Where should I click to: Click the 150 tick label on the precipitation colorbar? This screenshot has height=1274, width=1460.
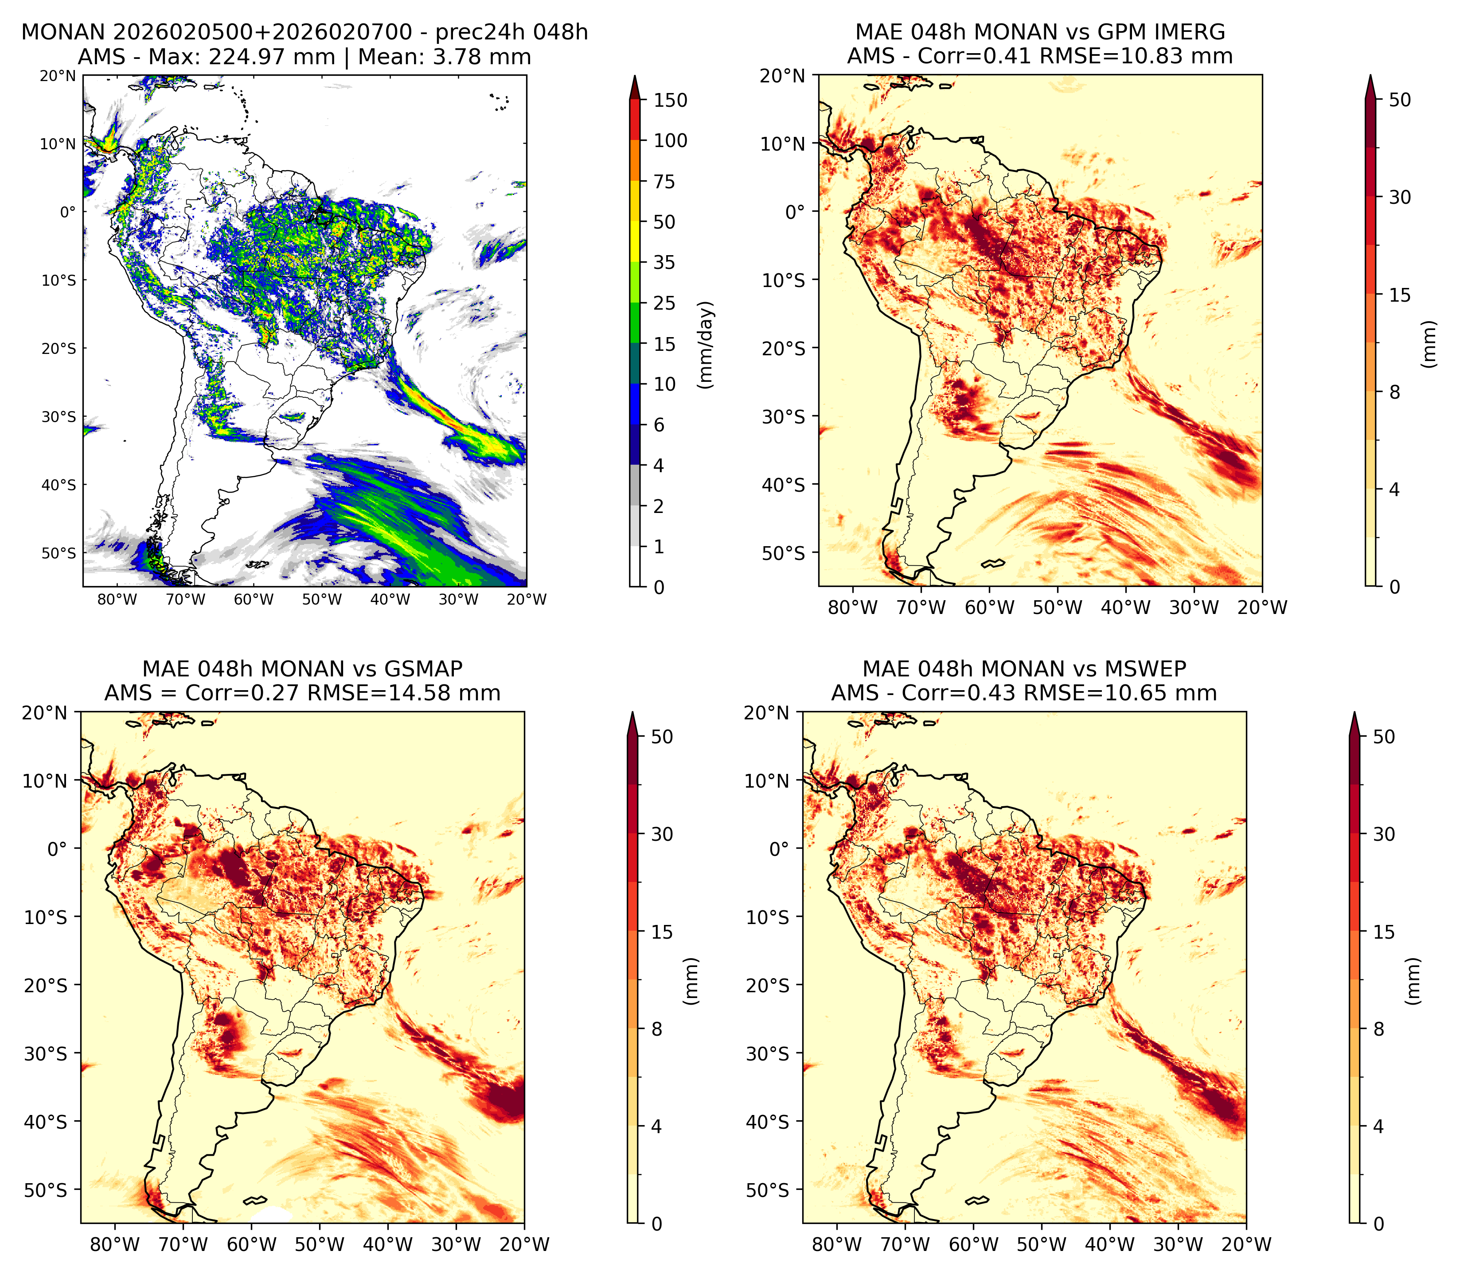[x=671, y=100]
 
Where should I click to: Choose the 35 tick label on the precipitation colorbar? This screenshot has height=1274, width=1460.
[x=664, y=262]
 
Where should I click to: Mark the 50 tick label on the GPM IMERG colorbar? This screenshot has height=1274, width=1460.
[x=1400, y=100]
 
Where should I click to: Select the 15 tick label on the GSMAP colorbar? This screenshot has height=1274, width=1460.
[x=662, y=932]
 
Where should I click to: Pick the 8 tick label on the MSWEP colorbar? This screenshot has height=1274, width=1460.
[x=1379, y=1029]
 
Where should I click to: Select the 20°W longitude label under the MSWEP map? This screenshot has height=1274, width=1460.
[x=1247, y=1244]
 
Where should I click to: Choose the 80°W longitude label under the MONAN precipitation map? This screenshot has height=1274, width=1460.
[x=117, y=599]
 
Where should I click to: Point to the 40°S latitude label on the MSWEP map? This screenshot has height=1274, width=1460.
[x=767, y=1122]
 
